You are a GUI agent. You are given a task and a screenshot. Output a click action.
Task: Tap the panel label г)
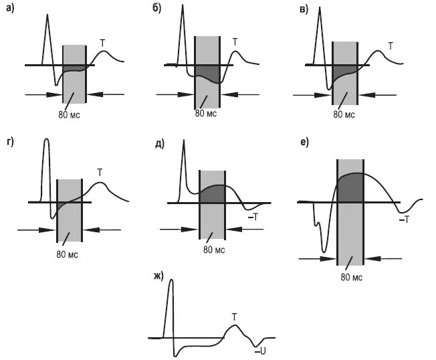pyautogui.click(x=9, y=143)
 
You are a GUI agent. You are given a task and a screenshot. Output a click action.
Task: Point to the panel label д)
pyautogui.click(x=160, y=143)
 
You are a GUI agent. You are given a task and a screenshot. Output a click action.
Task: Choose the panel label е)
pyautogui.click(x=305, y=143)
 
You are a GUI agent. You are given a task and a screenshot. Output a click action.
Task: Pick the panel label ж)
pyautogui.click(x=158, y=274)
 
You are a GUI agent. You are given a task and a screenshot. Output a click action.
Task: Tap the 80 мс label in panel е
pyautogui.click(x=352, y=276)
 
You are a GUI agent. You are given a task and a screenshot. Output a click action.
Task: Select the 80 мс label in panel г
pyautogui.click(x=68, y=254)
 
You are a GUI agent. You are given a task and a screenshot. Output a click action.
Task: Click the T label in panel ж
pyautogui.click(x=234, y=316)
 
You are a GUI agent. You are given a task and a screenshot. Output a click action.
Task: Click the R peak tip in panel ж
pyautogui.click(x=171, y=280)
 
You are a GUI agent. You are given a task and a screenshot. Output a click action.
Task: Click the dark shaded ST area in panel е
pyautogui.click(x=350, y=187)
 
